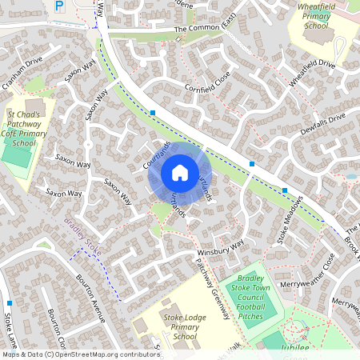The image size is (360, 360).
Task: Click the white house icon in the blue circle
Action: tap(180, 172)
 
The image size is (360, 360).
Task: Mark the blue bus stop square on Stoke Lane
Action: tap(9, 303)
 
